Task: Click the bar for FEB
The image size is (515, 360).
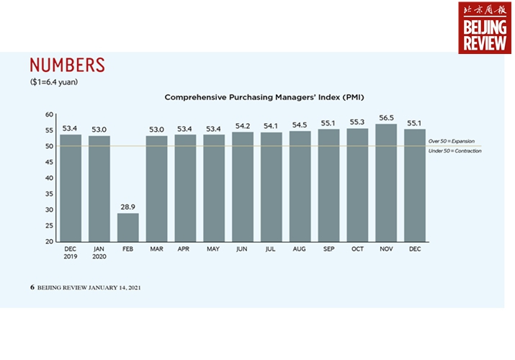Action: point(128,227)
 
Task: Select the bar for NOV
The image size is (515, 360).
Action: point(386,183)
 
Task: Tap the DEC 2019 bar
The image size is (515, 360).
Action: point(71,188)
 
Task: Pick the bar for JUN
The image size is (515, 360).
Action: point(243,186)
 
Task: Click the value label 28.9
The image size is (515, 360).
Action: point(128,207)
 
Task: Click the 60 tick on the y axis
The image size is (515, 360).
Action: point(50,114)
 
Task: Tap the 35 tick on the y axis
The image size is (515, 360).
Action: point(50,194)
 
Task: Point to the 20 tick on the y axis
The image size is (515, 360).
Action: point(50,241)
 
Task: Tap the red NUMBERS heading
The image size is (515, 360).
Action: point(68,65)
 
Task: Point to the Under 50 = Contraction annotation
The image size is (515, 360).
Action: point(454,150)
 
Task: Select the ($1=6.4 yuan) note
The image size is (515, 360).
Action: point(54,82)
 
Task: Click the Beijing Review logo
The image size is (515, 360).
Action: point(484,27)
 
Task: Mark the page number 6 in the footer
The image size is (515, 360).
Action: point(32,287)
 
